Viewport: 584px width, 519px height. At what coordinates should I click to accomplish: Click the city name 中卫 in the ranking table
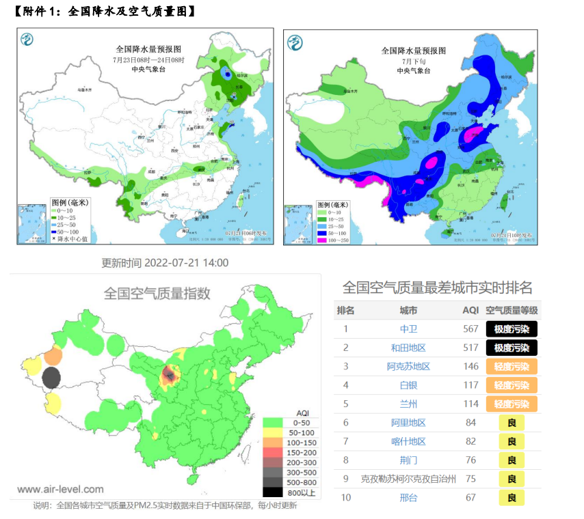(408, 329)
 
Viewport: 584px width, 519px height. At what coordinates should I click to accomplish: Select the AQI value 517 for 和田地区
(470, 348)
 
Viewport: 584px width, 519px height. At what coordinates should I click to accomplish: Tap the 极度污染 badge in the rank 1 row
(512, 329)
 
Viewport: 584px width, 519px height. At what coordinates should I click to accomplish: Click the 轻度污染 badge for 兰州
(512, 404)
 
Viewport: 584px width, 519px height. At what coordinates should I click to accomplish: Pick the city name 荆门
(408, 460)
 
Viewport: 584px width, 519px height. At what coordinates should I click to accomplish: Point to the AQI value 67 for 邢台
(470, 497)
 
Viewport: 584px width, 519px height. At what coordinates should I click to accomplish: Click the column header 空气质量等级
(512, 310)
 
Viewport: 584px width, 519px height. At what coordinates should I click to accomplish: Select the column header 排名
(346, 310)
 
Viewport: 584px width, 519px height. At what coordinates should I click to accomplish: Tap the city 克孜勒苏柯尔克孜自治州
(408, 479)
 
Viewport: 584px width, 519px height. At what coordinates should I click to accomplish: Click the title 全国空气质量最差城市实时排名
(437, 287)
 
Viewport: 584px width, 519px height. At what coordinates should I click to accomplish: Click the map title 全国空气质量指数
(157, 293)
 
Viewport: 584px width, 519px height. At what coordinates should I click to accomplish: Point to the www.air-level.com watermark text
(61, 489)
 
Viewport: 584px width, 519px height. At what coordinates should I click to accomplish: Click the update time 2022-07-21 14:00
(165, 263)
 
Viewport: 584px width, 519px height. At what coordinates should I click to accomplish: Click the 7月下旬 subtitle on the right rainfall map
(414, 61)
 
